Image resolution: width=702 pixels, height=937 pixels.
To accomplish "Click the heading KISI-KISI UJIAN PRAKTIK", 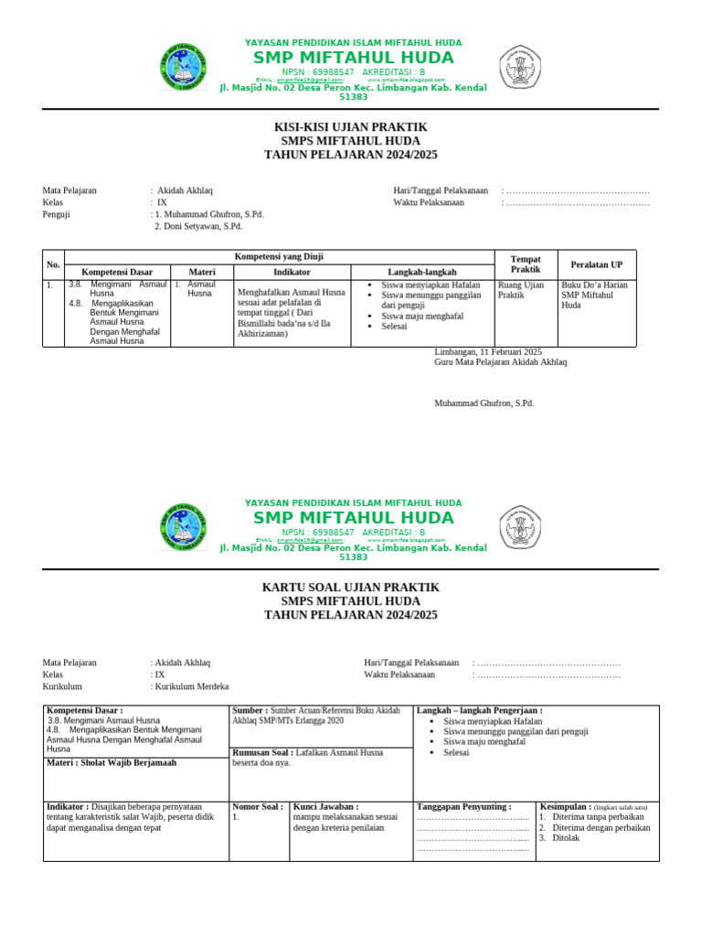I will (350, 126).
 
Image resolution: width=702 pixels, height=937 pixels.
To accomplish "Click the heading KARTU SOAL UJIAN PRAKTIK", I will (350, 587).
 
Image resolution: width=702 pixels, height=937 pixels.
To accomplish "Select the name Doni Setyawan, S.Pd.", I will (202, 226).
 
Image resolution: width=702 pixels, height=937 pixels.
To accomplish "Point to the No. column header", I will (53, 264).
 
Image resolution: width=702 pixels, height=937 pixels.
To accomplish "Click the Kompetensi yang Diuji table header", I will (280, 257).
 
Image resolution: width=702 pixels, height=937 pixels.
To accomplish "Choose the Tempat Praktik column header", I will (525, 264).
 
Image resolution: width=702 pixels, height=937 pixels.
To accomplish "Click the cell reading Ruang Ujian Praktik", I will (520, 290).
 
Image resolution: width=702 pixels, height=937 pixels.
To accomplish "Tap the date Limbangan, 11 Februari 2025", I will (488, 351).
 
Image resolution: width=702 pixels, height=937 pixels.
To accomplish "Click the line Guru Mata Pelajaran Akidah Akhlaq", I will (501, 362).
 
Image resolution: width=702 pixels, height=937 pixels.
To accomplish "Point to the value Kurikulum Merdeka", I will (192, 686).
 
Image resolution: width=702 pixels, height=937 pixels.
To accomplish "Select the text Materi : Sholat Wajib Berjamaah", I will (112, 762).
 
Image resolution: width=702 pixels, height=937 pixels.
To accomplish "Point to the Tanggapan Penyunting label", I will (463, 781).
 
